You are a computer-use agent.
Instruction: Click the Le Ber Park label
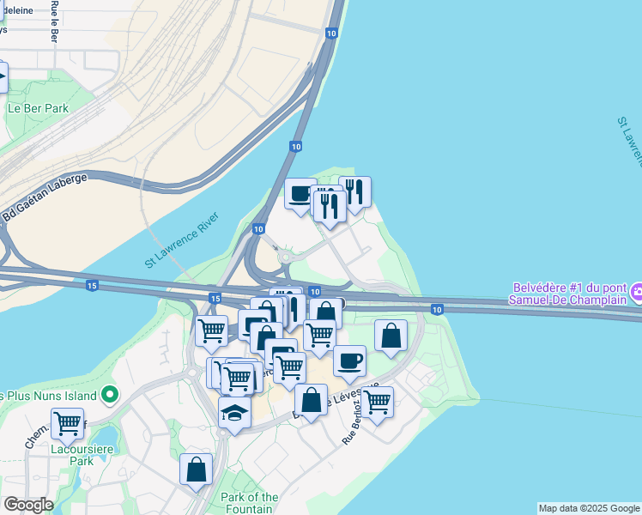click(x=37, y=109)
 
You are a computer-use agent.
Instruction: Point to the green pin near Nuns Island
click(x=109, y=396)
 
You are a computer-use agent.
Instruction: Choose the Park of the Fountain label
click(x=249, y=503)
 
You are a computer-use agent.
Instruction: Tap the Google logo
click(x=28, y=505)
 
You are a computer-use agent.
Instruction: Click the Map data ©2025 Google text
click(x=589, y=508)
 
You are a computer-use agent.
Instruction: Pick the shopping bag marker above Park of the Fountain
click(x=196, y=469)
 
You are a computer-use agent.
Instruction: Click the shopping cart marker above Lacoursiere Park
click(x=67, y=421)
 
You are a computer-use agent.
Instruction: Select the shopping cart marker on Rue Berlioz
click(x=377, y=400)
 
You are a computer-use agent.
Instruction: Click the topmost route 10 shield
click(x=331, y=33)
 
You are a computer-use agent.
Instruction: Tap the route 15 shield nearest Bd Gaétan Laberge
click(x=92, y=285)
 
